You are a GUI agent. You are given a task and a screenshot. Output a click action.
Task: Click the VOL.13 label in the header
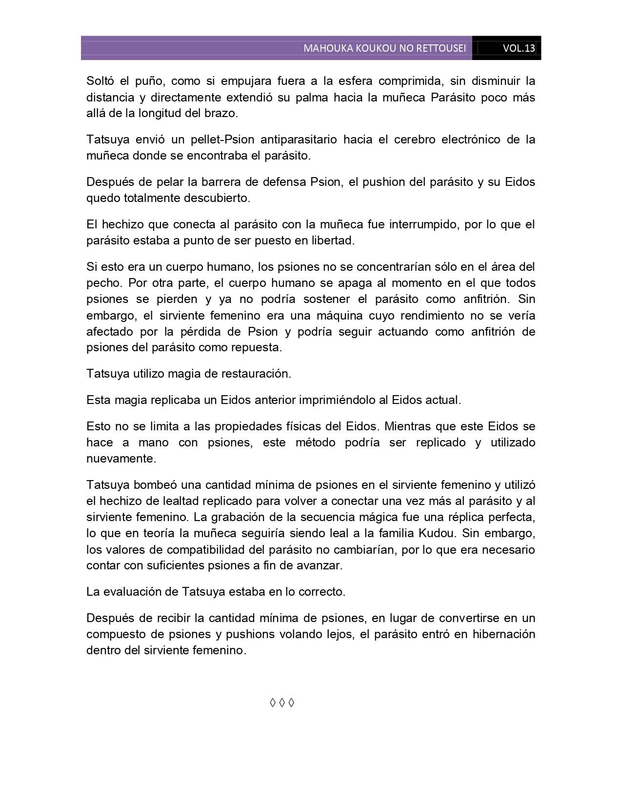coord(519,48)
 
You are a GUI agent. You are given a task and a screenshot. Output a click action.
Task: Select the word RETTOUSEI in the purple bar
coord(441,48)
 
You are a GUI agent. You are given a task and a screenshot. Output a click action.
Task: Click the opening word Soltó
coord(100,81)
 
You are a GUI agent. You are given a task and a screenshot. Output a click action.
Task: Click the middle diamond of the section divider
coord(281,703)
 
